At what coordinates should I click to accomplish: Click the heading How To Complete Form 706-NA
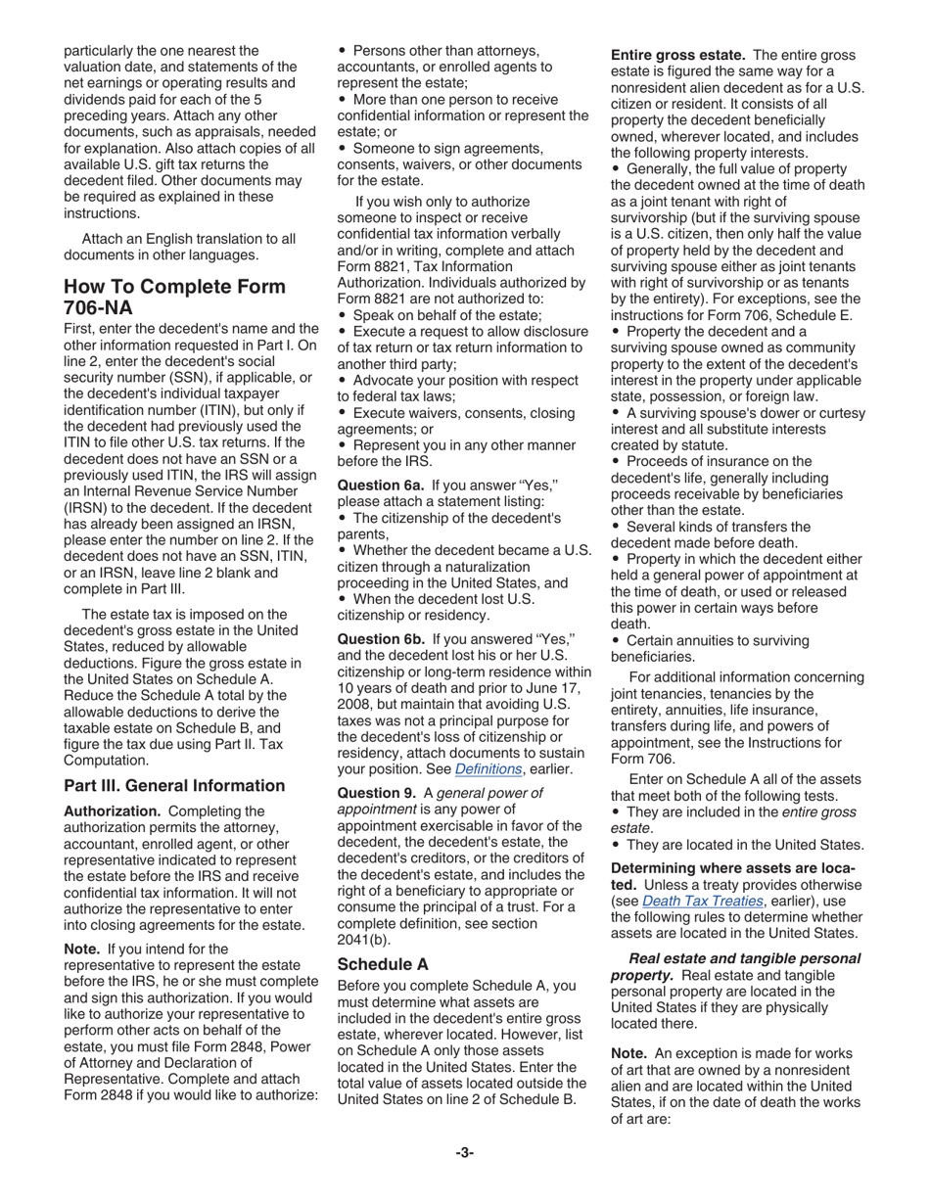pos(174,297)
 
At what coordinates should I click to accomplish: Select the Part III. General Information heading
pos(174,786)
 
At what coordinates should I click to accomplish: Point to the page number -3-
pos(464,1152)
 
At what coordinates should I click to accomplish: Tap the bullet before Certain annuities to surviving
pos(616,641)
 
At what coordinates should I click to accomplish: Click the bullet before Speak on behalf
pos(343,315)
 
